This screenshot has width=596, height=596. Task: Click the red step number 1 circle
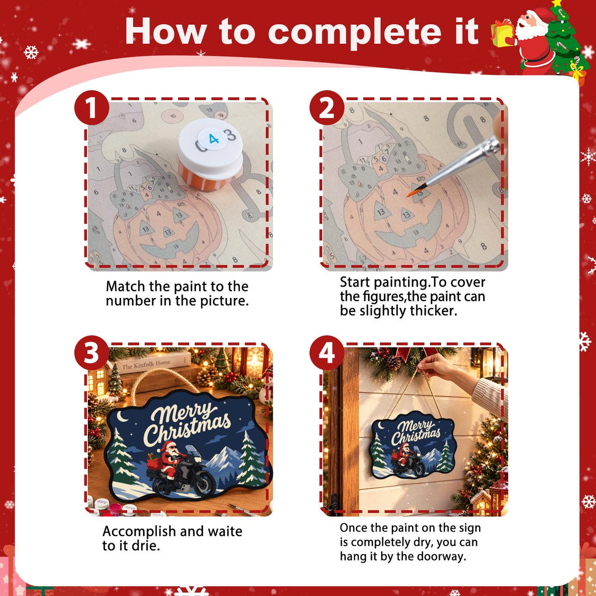[91, 108]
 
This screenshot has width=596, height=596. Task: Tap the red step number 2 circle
[327, 108]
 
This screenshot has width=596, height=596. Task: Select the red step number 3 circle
[91, 353]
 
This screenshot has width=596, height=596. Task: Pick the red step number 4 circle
[327, 353]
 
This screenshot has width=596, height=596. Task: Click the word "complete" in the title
[355, 32]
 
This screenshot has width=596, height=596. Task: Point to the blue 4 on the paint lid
[214, 139]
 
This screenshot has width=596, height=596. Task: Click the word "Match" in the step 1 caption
[125, 287]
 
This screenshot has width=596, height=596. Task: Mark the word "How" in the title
[166, 32]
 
